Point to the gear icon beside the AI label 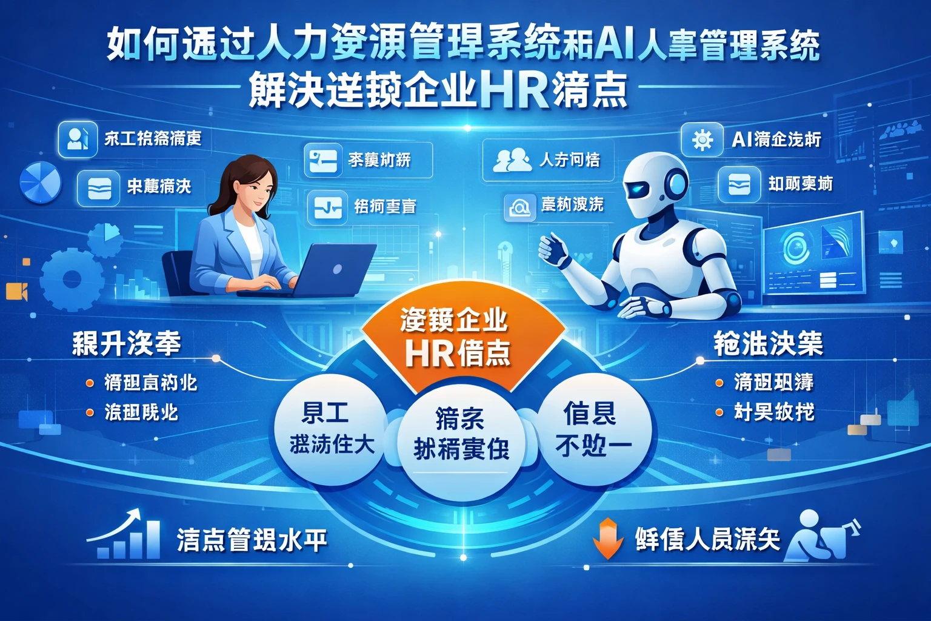tap(702, 140)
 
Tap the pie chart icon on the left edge tap(41, 183)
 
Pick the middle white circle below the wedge tap(461, 437)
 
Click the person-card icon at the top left tap(78, 139)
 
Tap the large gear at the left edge tap(71, 280)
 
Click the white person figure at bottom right tap(815, 536)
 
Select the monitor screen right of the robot tap(812, 251)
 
